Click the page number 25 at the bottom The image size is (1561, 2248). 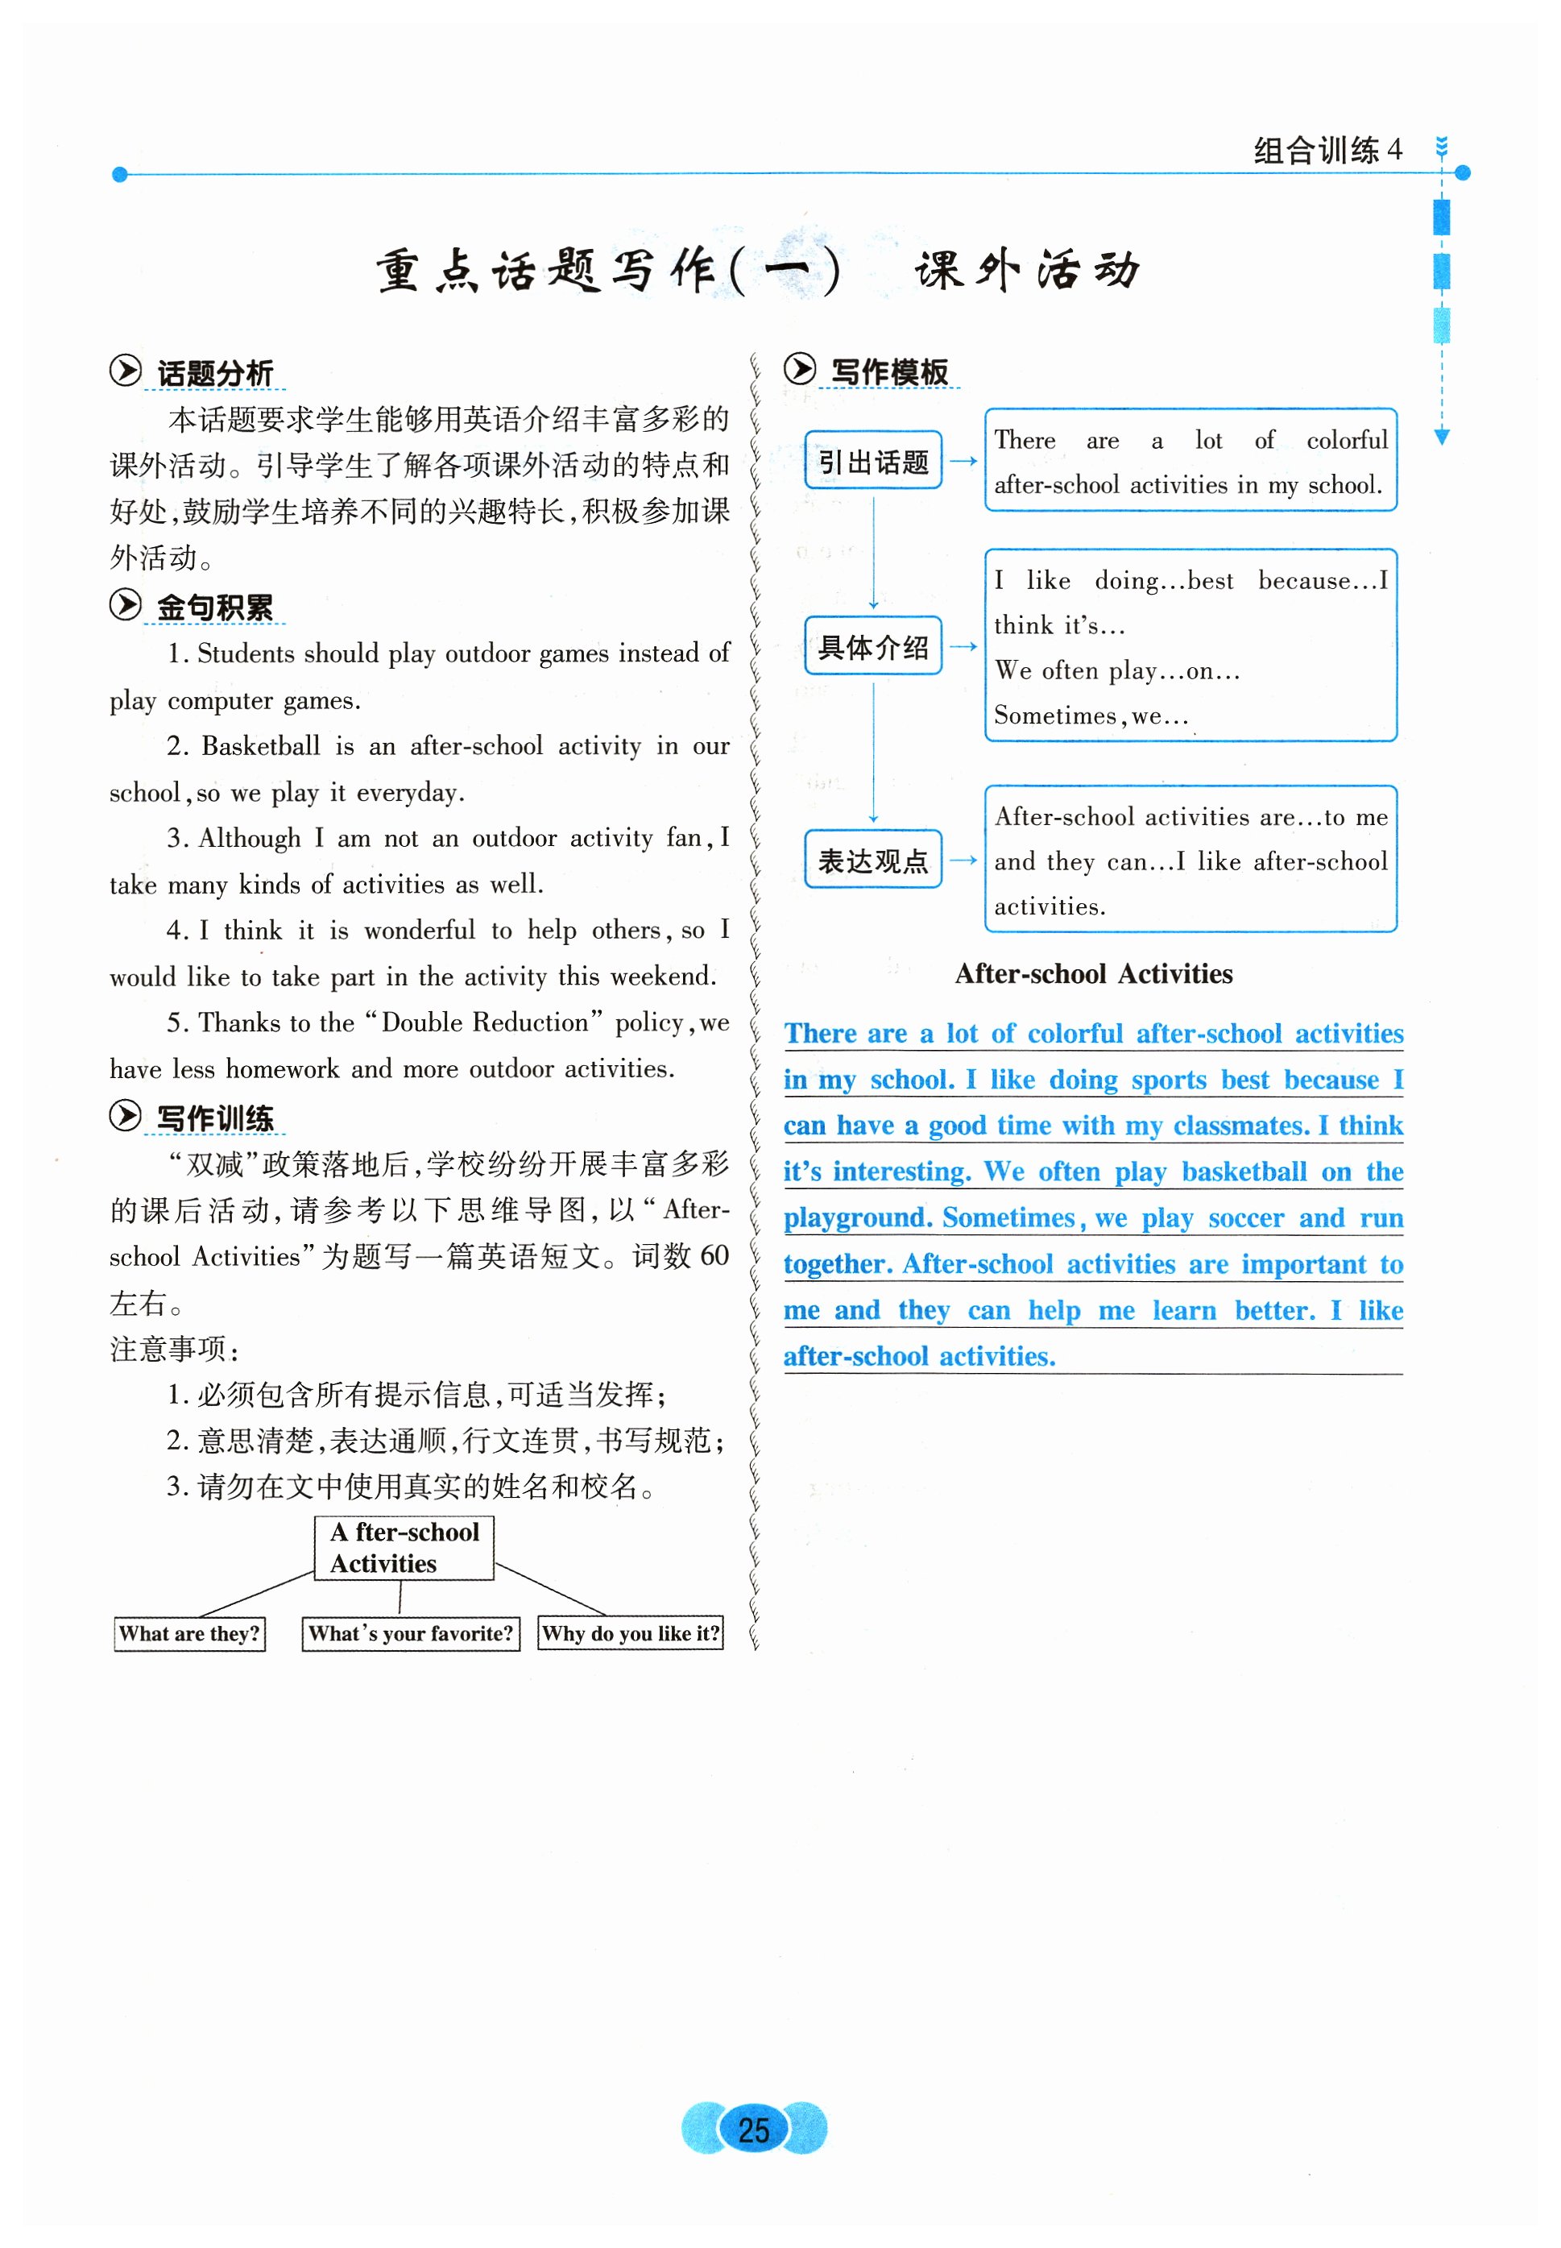tap(753, 2129)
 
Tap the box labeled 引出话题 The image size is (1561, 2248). tap(872, 461)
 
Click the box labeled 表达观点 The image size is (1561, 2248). tap(872, 860)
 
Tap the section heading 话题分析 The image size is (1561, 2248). tap(215, 373)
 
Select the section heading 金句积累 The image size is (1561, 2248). tap(215, 607)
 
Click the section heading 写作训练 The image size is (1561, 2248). tap(215, 1118)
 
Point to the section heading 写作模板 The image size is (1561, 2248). tap(889, 371)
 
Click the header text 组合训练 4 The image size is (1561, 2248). tap(1327, 151)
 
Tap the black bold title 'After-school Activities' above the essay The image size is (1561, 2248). tap(1094, 973)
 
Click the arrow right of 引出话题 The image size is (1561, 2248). tap(963, 461)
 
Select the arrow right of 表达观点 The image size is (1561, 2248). tap(963, 860)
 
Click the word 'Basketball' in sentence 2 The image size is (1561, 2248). tap(260, 745)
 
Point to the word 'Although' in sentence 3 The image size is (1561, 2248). tap(250, 838)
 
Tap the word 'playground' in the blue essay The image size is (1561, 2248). tap(855, 1218)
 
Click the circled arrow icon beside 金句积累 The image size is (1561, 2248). tap(125, 604)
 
